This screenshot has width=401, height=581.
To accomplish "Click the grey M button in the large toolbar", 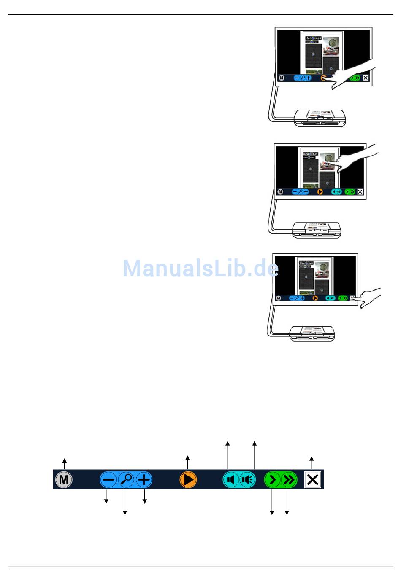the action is pyautogui.click(x=64, y=479).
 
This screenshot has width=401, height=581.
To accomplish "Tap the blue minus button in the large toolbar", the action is pyautogui.click(x=108, y=479).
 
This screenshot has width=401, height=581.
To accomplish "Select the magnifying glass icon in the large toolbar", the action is pyautogui.click(x=126, y=479).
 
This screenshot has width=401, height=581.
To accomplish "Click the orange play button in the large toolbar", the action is pyautogui.click(x=188, y=479).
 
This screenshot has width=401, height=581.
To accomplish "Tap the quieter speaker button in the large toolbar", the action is pyautogui.click(x=230, y=479).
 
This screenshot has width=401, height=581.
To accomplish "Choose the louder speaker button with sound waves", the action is pyautogui.click(x=248, y=479).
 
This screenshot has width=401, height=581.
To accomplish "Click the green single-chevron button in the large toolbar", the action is pyautogui.click(x=273, y=479).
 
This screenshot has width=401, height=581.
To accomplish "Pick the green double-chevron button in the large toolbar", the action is pyautogui.click(x=289, y=479).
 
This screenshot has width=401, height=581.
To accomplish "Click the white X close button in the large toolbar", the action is pyautogui.click(x=312, y=479).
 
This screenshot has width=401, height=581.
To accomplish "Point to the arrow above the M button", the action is pyautogui.click(x=65, y=463).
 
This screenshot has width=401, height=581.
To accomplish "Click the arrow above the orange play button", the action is pyautogui.click(x=187, y=462).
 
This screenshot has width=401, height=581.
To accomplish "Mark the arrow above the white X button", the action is pyautogui.click(x=312, y=463).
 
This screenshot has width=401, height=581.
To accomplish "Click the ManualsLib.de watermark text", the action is pyautogui.click(x=200, y=268).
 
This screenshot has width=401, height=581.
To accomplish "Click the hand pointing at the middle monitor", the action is pyautogui.click(x=355, y=158).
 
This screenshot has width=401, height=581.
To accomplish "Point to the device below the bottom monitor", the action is pyautogui.click(x=312, y=333).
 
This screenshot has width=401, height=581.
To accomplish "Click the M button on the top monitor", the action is pyautogui.click(x=282, y=78).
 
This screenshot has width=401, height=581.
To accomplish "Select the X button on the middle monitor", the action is pyautogui.click(x=360, y=192).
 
